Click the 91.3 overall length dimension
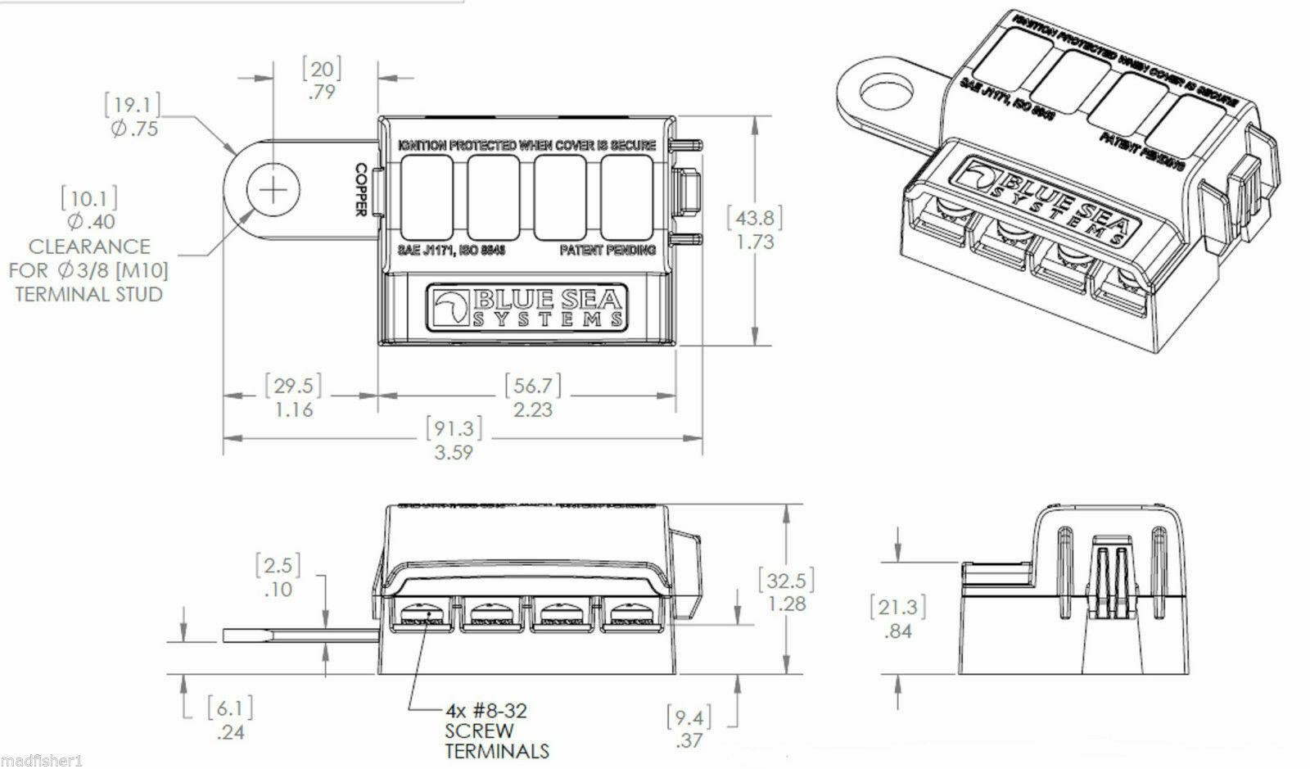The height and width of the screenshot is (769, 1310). click(454, 439)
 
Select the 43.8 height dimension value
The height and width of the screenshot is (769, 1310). click(755, 229)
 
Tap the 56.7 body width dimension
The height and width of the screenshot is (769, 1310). click(532, 396)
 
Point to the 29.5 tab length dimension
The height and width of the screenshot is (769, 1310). click(293, 396)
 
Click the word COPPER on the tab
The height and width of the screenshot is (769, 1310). click(360, 190)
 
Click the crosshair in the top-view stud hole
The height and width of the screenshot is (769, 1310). click(273, 191)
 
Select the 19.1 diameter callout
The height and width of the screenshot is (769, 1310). click(133, 115)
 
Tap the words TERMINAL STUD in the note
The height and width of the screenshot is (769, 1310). click(88, 294)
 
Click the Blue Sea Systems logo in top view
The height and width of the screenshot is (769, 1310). click(529, 308)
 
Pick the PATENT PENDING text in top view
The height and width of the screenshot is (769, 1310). click(608, 250)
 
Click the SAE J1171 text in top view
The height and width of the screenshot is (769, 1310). click(451, 250)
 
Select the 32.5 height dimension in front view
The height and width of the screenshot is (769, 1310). click(786, 591)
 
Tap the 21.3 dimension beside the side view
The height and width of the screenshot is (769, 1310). click(898, 618)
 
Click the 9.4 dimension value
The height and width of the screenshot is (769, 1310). click(689, 728)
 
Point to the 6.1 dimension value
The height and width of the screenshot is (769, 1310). click(229, 719)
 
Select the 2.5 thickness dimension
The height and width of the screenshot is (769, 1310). click(278, 577)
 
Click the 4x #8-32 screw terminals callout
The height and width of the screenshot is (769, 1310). click(496, 731)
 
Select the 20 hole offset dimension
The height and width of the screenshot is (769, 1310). click(322, 79)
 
